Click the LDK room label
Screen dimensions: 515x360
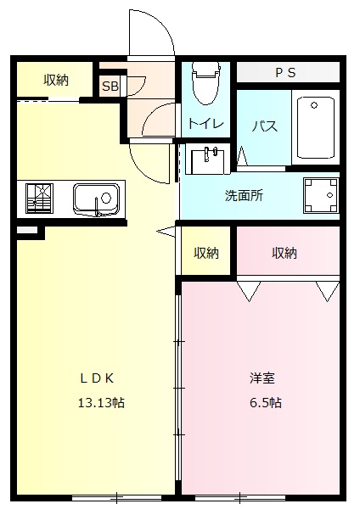pos(98,378)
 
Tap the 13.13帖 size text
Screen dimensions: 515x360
pos(101,402)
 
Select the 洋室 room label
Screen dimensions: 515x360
pos(262,378)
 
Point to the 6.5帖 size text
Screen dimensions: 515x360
pos(263,402)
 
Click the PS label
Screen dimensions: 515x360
pos(284,73)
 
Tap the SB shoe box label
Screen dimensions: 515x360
pos(110,86)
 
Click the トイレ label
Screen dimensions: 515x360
pos(205,124)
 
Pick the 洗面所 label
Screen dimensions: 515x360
pos(244,195)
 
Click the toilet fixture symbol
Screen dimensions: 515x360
pos(205,84)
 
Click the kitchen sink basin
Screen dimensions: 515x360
pos(96,199)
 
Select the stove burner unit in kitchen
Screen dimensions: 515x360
pos(39,199)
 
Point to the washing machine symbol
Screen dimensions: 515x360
pos(322,197)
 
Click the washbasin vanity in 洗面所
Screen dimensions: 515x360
pos(206,159)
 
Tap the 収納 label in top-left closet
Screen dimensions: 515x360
pos(56,80)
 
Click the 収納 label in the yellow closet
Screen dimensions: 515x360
pos(206,252)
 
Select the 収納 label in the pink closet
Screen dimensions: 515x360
pos(284,252)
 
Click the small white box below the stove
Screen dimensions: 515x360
pos(27,230)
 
